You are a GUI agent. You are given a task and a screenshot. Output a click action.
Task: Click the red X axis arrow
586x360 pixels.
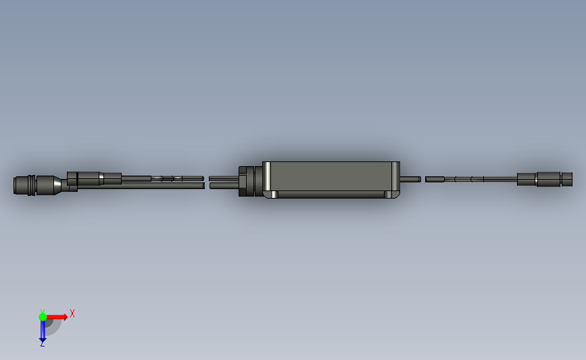57,317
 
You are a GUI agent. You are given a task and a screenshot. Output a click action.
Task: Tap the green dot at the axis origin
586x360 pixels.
43,317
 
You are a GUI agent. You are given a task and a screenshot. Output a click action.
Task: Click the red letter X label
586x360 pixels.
72,313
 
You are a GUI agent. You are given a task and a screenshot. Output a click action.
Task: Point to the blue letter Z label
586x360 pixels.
42,344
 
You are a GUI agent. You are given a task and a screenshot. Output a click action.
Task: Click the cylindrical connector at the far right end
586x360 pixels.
545,179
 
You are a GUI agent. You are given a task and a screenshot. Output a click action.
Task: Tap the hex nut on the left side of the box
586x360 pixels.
246,181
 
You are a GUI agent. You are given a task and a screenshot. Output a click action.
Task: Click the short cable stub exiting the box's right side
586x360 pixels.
410,179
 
